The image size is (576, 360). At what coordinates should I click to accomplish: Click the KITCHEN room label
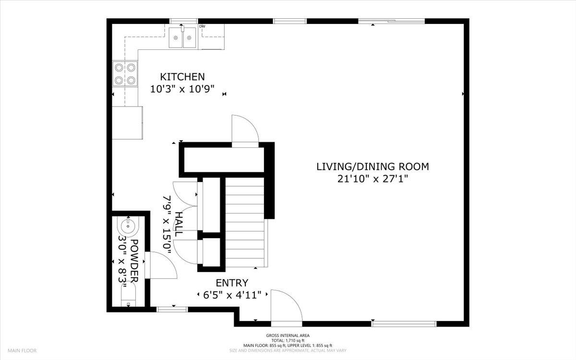pos(182,76)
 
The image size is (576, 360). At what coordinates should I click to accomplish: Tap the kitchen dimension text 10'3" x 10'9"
pos(182,89)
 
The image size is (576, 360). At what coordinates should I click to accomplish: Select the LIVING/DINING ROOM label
pos(372,167)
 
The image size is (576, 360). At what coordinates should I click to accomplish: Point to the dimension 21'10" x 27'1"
pos(372,179)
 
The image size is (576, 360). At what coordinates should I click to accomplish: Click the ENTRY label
pos(232,283)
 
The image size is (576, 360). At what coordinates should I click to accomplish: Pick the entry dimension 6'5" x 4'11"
pos(232,295)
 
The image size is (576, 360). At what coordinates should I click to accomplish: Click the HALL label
pos(179,224)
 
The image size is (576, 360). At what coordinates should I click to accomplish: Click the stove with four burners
pos(125,73)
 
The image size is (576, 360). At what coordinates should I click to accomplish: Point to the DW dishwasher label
pos(202,26)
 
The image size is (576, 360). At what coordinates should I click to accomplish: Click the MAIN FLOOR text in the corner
pos(22,351)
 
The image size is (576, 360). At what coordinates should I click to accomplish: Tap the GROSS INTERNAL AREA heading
pos(288,336)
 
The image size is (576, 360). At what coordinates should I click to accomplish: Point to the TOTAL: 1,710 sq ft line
pos(288,340)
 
